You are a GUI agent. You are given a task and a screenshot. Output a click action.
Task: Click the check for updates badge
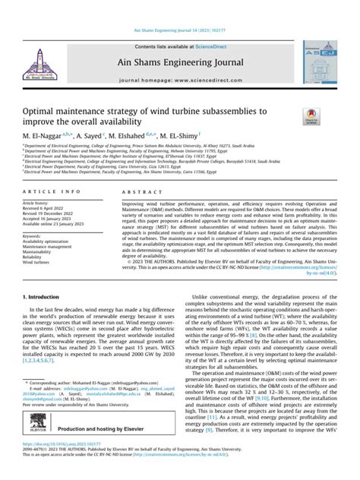coord(311,116)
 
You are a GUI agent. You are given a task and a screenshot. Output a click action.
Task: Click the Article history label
coord(36,204)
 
